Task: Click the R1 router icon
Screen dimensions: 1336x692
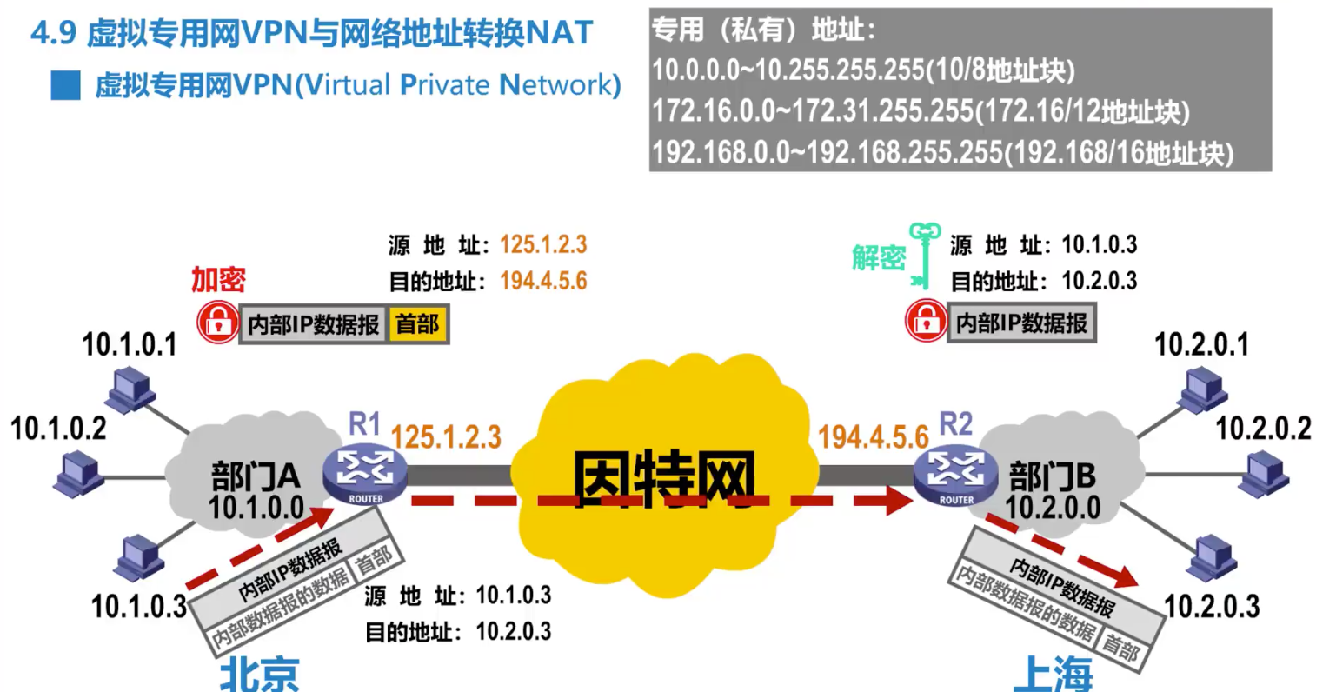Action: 365,474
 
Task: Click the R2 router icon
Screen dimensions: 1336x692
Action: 955,475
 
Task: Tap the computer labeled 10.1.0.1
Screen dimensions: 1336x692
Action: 131,390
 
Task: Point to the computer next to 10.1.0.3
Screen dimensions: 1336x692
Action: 140,558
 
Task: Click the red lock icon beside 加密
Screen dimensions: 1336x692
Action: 217,323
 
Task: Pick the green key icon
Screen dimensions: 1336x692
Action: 924,256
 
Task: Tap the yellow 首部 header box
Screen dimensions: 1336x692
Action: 417,324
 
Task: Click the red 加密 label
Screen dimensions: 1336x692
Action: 218,279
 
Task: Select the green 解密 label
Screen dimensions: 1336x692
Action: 879,258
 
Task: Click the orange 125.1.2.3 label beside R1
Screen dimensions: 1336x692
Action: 446,436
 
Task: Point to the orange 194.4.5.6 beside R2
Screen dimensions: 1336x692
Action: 874,436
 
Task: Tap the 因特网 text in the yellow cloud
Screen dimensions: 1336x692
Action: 664,480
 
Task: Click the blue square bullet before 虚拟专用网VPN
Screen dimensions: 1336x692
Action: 65,85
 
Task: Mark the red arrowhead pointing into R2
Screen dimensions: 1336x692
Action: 899,501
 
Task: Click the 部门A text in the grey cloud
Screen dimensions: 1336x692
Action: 256,476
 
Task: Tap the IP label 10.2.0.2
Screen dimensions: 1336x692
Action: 1263,429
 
